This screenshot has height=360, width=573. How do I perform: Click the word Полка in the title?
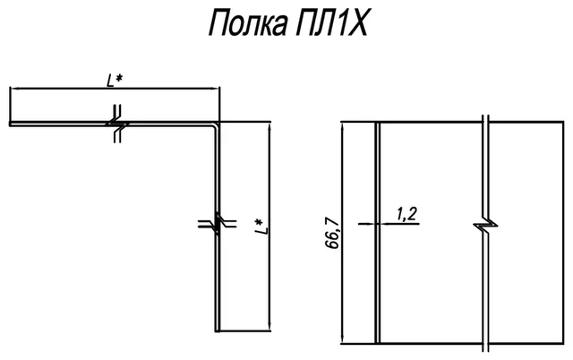pyautogui.click(x=248, y=23)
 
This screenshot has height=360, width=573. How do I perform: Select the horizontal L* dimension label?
pyautogui.click(x=115, y=81)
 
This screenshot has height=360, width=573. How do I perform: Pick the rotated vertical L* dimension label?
pyautogui.click(x=261, y=227)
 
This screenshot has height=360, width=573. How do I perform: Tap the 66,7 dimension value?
pyautogui.click(x=332, y=233)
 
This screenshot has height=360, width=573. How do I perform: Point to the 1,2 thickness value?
pyautogui.click(x=406, y=214)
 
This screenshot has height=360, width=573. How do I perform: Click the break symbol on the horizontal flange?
pyautogui.click(x=117, y=124)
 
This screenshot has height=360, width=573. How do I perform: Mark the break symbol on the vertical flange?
pyautogui.click(x=217, y=224)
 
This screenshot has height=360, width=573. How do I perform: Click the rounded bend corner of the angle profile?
pyautogui.click(x=216, y=125)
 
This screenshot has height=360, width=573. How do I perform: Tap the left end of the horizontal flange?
pyautogui.click(x=10, y=124)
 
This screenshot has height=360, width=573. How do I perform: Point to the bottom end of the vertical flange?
pyautogui.click(x=218, y=330)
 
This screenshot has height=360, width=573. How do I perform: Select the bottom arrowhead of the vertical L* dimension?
pyautogui.click(x=269, y=326)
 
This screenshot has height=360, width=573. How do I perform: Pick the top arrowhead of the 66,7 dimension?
pyautogui.click(x=342, y=127)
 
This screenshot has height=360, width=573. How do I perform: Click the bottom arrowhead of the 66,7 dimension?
pyautogui.click(x=342, y=339)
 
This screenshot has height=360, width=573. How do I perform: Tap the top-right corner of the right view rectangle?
pyautogui.click(x=563, y=122)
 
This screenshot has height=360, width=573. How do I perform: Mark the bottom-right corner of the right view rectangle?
pyautogui.click(x=563, y=344)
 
